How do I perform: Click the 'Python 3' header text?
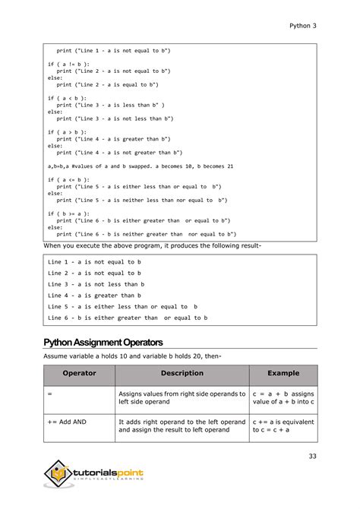pyautogui.click(x=302, y=25)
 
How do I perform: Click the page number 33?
pyautogui.click(x=311, y=456)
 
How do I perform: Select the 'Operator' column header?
pyautogui.click(x=79, y=374)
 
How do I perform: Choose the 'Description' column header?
pyautogui.click(x=182, y=374)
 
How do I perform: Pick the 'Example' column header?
pyautogui.click(x=283, y=374)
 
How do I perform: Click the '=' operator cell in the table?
pyautogui.click(x=49, y=394)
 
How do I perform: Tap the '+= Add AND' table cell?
pyautogui.click(x=67, y=421)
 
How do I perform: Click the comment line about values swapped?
pyautogui.click(x=140, y=166)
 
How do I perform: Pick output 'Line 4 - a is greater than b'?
pyautogui.click(x=94, y=296)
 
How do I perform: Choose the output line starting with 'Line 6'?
pyautogui.click(x=127, y=318)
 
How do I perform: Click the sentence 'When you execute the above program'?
pyautogui.click(x=152, y=247)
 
